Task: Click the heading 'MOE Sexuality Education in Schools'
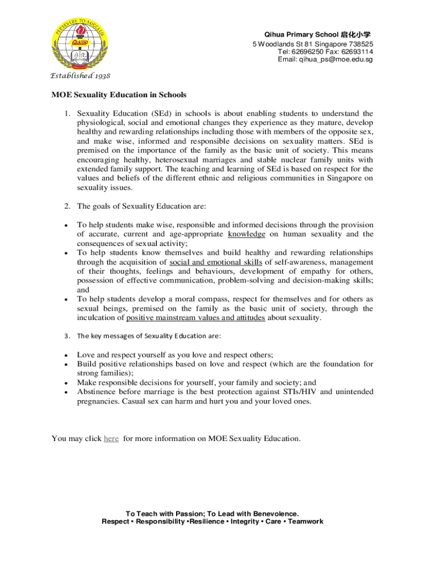coord(119,95)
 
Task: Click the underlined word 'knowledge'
coord(246,234)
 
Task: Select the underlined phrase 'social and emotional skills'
coord(216,261)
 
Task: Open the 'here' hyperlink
coord(111,438)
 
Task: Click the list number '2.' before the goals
coord(66,206)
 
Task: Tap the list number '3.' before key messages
coord(66,336)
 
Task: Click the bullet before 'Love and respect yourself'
coord(66,355)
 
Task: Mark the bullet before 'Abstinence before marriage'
coord(66,392)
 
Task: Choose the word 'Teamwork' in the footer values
coord(306,521)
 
